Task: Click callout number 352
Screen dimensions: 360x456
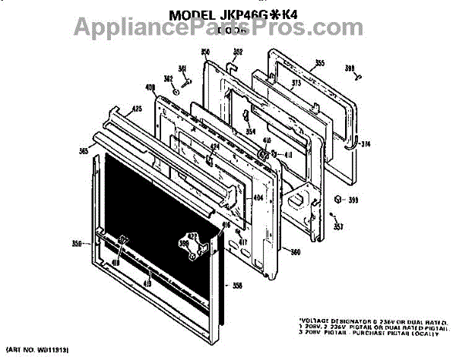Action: (237, 52)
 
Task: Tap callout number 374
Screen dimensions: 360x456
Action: (366, 144)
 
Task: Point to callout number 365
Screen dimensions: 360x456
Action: (83, 151)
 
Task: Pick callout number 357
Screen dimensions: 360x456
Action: (338, 226)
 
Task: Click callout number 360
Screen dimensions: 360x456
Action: (296, 251)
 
